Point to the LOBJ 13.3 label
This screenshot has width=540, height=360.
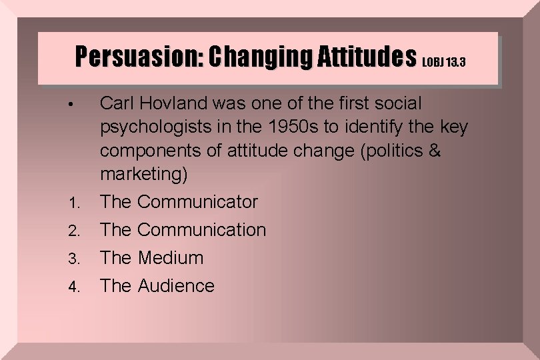[444, 63]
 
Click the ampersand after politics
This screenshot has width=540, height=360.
[435, 151]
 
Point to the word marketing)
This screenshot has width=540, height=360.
[144, 175]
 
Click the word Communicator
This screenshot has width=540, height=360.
[197, 201]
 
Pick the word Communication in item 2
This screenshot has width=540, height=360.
[201, 230]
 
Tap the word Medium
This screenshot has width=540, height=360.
[170, 257]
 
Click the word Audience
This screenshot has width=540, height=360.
[176, 286]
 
